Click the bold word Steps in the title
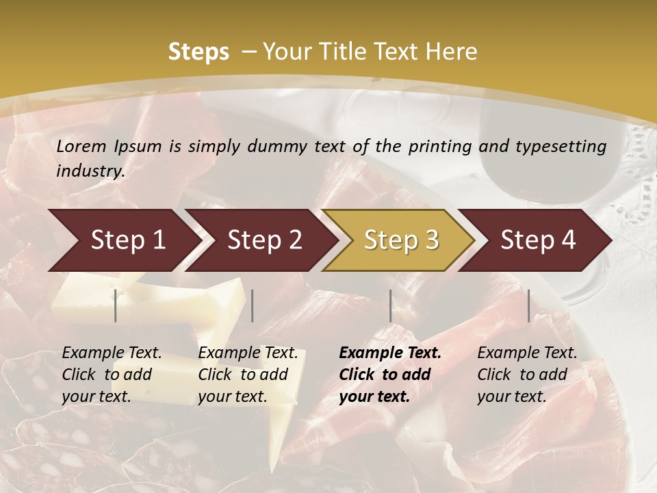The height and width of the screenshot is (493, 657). tap(198, 52)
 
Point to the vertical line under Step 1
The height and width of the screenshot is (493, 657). tap(116, 305)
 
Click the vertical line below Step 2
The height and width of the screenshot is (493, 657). tap(253, 305)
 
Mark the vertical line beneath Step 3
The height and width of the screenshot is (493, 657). tap(391, 305)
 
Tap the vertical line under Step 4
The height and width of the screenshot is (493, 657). tap(529, 305)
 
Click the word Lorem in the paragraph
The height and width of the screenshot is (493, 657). tap(81, 147)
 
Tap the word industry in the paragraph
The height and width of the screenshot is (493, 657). tap(90, 171)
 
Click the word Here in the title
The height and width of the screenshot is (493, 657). tap(452, 52)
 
